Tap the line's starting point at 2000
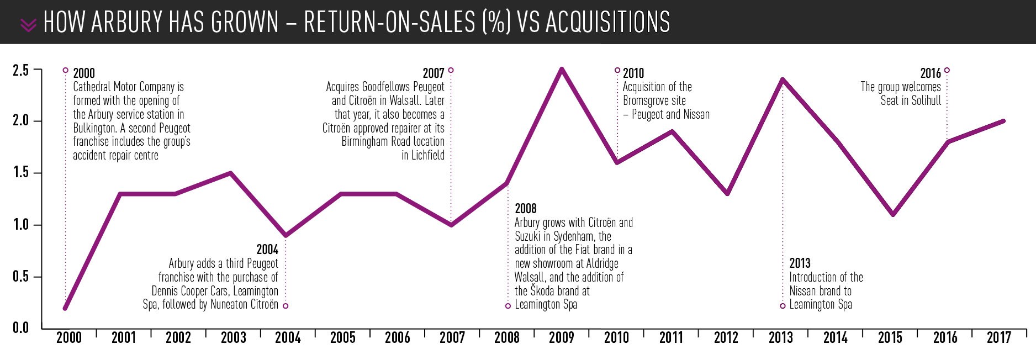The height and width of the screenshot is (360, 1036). point(65,308)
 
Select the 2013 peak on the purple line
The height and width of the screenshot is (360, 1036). point(783,80)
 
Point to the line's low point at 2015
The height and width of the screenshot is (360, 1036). point(893,214)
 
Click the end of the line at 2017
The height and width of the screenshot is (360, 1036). point(1003,121)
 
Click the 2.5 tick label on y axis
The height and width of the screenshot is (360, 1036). point(21,70)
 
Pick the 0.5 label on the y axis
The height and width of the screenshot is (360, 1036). point(21,276)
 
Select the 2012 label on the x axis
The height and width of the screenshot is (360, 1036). point(726,337)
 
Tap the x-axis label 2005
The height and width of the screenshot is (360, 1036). point(342,337)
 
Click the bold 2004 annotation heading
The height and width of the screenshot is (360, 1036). point(267,250)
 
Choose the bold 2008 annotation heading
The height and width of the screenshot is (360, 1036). point(526,209)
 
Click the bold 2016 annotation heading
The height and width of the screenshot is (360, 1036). point(931,73)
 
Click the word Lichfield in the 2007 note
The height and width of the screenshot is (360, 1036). point(427,155)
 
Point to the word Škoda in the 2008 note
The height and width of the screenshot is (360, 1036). point(543,290)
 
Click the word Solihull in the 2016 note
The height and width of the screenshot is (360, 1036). point(926,100)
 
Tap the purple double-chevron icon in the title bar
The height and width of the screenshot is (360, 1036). point(28,25)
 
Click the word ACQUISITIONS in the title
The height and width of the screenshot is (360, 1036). point(607,22)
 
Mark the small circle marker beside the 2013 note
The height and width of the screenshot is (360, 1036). point(783,306)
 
